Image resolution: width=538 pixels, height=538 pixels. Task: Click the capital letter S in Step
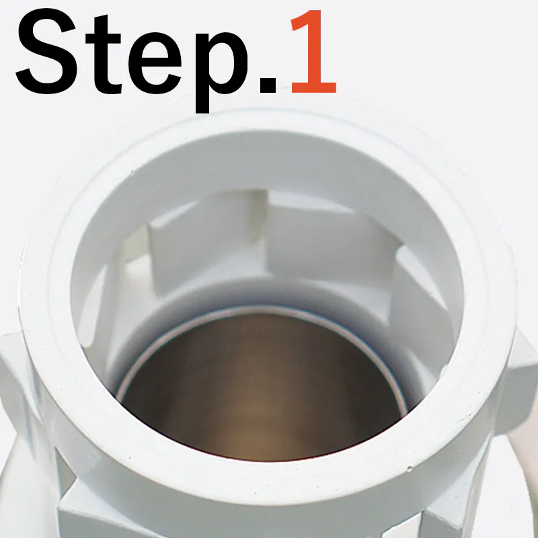coord(47,52)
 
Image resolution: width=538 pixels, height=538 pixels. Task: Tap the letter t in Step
coord(103,55)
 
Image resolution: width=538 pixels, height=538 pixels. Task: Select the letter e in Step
coord(155,63)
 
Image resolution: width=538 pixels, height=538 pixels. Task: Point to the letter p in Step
coord(221,73)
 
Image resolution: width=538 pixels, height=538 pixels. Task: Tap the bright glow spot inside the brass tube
coord(256,429)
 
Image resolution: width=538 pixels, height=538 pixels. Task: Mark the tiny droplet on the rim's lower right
coord(410,468)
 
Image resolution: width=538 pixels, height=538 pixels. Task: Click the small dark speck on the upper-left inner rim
coord(131,171)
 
